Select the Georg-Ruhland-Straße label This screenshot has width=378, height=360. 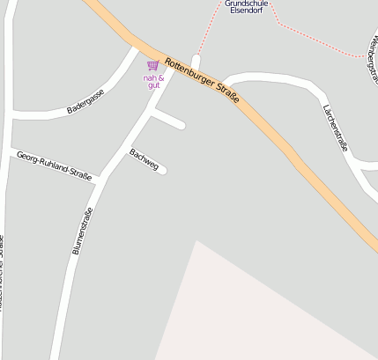(x=54, y=165)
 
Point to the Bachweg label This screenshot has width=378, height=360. (x=144, y=159)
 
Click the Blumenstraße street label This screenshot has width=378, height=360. (x=82, y=231)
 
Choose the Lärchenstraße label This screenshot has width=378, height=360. (x=334, y=127)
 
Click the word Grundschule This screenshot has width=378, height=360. (x=246, y=4)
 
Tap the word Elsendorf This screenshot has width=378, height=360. (x=246, y=11)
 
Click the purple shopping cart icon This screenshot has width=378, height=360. (x=153, y=66)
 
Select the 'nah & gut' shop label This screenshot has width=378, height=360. (x=153, y=81)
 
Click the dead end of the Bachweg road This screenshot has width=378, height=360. (x=162, y=170)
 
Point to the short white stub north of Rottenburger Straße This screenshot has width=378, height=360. (x=196, y=62)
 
